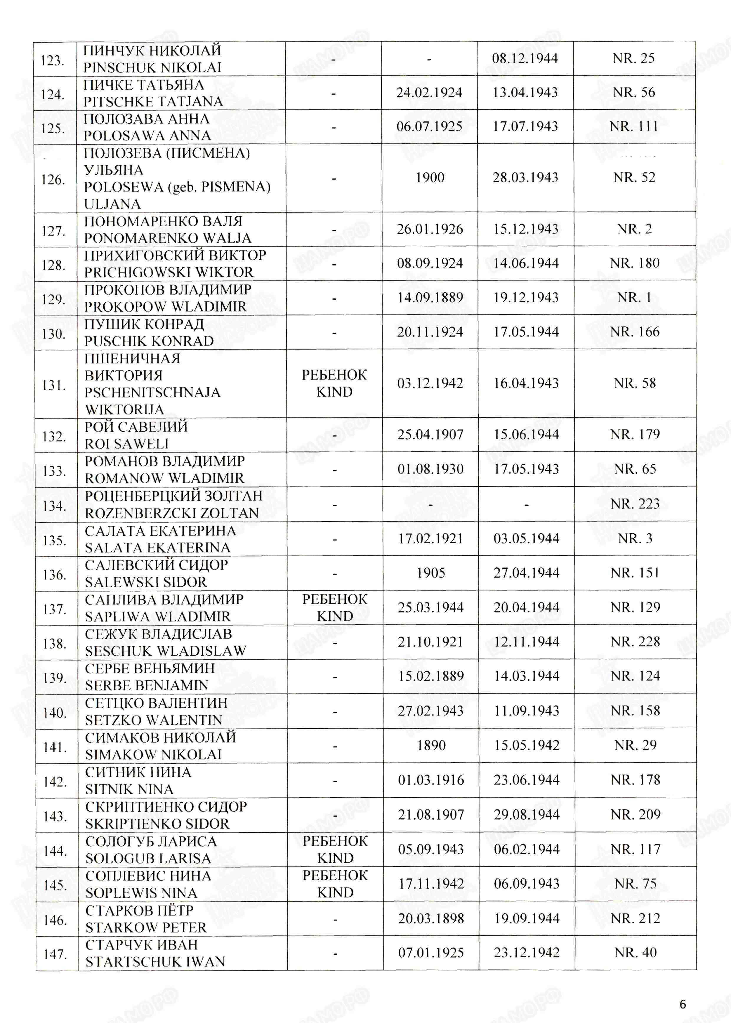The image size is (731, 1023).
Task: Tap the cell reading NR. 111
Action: click(634, 126)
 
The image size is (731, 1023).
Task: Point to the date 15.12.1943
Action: click(525, 229)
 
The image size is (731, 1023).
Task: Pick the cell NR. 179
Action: click(635, 435)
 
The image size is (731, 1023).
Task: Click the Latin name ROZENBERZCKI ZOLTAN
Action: click(172, 513)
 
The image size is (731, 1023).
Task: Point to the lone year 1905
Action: click(430, 573)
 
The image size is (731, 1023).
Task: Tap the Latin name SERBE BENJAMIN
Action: click(147, 686)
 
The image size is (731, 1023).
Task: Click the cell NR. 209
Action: click(635, 815)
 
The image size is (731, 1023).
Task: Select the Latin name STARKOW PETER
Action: click(146, 928)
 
